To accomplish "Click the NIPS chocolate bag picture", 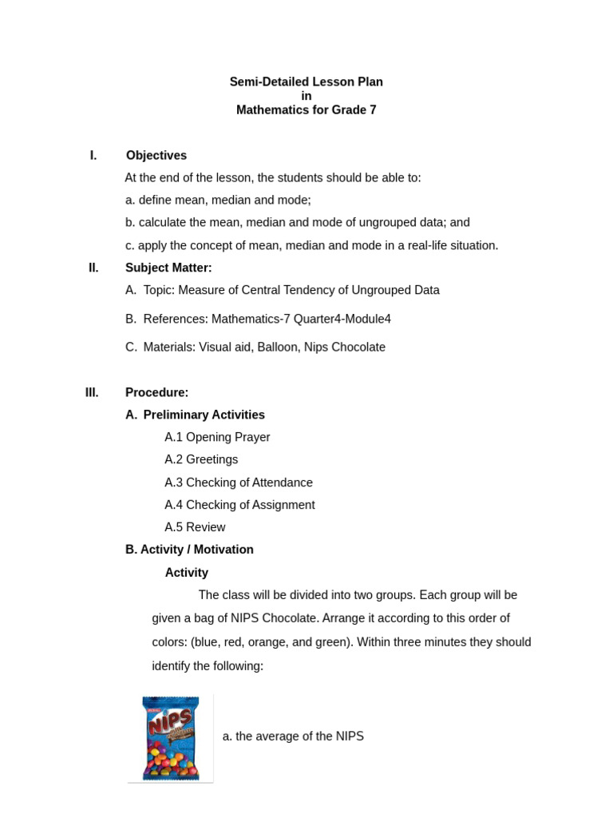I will click(x=170, y=738).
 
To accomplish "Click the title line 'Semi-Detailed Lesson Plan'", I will click(x=306, y=81).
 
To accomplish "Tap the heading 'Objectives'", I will click(x=156, y=155).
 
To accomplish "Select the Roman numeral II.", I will click(x=93, y=268).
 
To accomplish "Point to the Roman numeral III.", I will click(x=92, y=392).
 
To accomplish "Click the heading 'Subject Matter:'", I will click(x=168, y=268).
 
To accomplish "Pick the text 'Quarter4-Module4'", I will click(x=342, y=319).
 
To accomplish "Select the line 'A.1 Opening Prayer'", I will click(x=217, y=437).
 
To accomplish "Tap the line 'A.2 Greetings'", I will click(x=201, y=459).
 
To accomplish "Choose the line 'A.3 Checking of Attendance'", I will click(x=239, y=482).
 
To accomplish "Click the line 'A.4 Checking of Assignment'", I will click(x=239, y=505).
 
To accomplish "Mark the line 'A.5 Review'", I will click(x=195, y=527).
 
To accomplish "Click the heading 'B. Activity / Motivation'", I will click(x=189, y=550).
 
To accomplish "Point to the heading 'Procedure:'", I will click(x=156, y=392).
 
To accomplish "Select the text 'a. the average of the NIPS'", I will click(x=293, y=737).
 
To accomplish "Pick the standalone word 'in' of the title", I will click(x=306, y=96).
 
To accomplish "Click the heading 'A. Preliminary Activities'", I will click(x=195, y=415).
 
